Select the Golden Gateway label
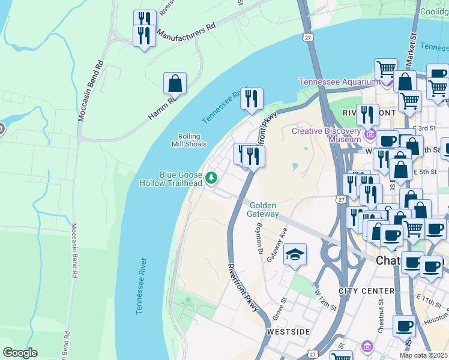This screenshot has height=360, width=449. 264,209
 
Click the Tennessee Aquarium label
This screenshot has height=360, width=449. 339,82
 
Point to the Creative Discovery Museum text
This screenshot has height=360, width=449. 327,134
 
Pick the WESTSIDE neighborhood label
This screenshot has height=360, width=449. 288,331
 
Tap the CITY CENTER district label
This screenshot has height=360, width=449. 366,291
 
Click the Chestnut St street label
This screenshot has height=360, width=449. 381,322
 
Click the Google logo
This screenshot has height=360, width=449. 20,353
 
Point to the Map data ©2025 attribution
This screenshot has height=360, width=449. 424,355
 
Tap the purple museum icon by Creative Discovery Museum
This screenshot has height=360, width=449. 373,133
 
